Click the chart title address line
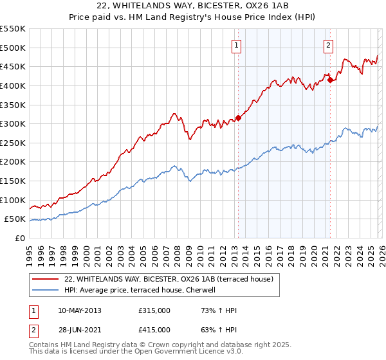click(192, 6)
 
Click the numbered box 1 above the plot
click(237, 45)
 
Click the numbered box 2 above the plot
click(329, 45)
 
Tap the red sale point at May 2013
click(238, 118)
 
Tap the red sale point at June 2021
click(330, 80)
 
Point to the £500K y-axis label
click(13, 48)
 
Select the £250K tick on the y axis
click(13, 143)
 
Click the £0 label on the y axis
click(21, 238)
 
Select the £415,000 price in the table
click(154, 330)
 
